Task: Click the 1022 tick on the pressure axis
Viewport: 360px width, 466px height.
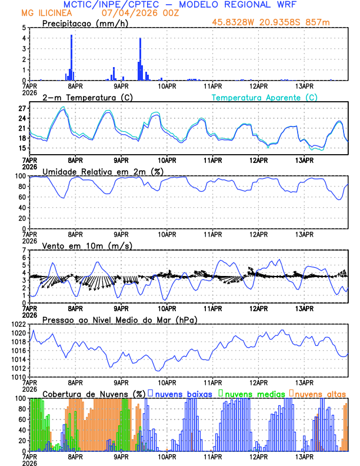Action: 18,324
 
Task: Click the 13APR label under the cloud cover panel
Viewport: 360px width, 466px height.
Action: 304,457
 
